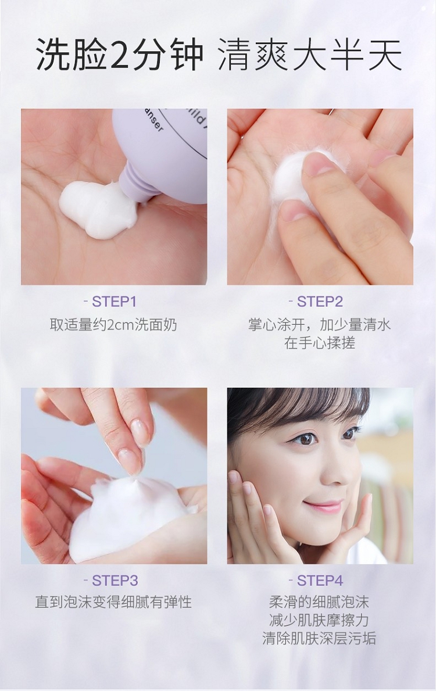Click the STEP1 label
tap(114, 302)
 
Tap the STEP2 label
tap(320, 302)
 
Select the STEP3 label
tap(115, 581)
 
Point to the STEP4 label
tap(320, 581)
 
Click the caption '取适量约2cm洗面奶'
tap(113, 325)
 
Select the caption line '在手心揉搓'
tap(320, 343)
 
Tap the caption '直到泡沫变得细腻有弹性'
tap(113, 602)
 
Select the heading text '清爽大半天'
tap(310, 56)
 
